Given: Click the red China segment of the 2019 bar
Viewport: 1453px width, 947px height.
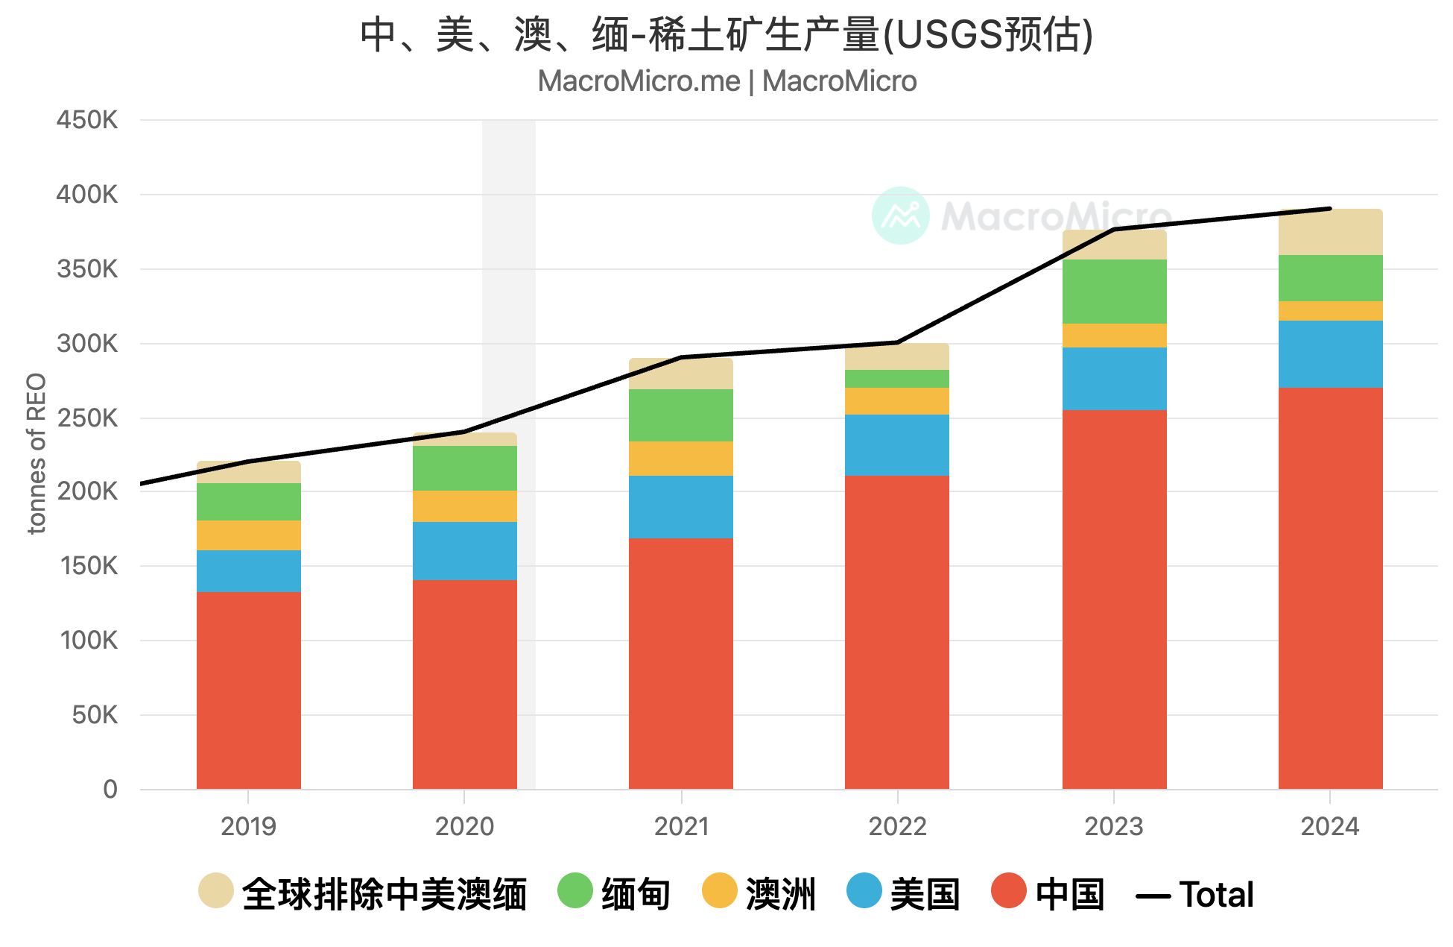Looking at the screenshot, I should [248, 690].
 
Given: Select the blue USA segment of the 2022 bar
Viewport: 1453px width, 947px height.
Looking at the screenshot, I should [896, 444].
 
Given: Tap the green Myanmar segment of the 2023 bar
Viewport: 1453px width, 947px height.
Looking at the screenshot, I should [1114, 291].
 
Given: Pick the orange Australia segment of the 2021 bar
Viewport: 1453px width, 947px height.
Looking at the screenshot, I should [680, 458].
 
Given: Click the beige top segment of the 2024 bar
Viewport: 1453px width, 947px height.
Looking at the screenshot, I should [1330, 233].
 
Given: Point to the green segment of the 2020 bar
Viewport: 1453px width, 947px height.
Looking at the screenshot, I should [464, 468].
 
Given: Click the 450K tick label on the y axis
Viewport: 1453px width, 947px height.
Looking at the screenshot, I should [87, 120].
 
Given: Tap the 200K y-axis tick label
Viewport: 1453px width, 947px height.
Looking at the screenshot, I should [87, 491].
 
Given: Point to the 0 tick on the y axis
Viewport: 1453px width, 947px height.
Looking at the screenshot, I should [110, 789].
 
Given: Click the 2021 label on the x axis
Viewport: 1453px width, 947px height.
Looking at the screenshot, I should [680, 826].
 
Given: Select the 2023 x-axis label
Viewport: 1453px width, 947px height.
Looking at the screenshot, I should [1113, 826].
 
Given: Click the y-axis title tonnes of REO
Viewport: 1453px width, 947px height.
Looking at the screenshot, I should [37, 453].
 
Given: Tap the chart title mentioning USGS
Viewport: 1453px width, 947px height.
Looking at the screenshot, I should [726, 34].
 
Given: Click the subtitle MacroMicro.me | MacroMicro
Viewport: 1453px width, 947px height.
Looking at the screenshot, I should [726, 81].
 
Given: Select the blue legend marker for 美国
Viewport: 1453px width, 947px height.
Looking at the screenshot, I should [864, 890].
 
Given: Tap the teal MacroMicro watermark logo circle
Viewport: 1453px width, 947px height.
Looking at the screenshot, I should [900, 215].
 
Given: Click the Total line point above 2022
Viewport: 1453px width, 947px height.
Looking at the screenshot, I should [897, 343].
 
